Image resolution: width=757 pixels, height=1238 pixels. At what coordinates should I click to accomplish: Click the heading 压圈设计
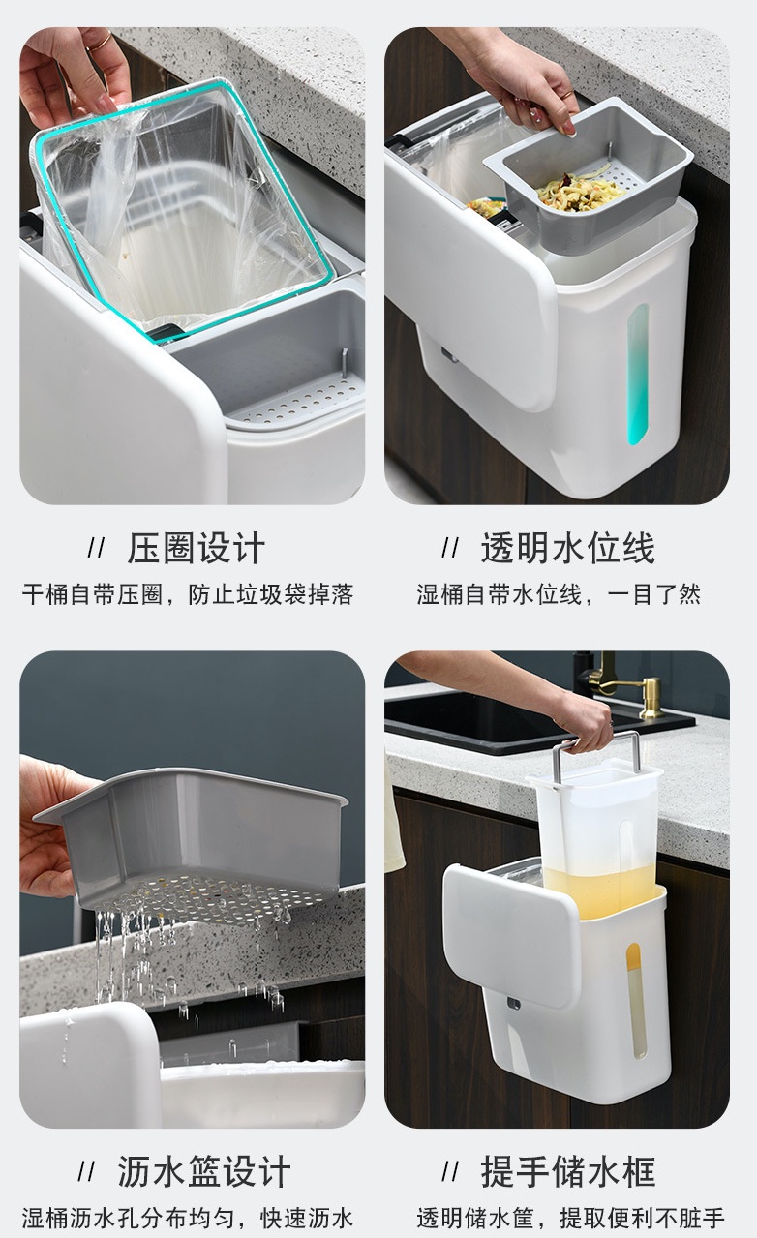tap(197, 548)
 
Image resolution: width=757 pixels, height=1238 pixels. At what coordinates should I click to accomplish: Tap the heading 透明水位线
tap(567, 548)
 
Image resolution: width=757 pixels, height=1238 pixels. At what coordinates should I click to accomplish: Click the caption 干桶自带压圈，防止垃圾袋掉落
tap(188, 594)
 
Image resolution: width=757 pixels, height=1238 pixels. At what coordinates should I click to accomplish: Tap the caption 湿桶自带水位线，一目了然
tap(559, 594)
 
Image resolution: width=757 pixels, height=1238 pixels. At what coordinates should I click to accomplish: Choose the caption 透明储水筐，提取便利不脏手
tap(570, 1218)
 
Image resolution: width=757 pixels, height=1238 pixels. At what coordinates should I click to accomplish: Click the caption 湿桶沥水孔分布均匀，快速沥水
tap(188, 1218)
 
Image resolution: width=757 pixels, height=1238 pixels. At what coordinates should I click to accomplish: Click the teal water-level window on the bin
tap(637, 375)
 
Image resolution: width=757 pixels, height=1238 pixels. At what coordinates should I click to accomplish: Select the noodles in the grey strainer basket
tap(580, 191)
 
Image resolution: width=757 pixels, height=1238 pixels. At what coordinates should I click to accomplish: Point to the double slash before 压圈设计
tap(96, 548)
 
